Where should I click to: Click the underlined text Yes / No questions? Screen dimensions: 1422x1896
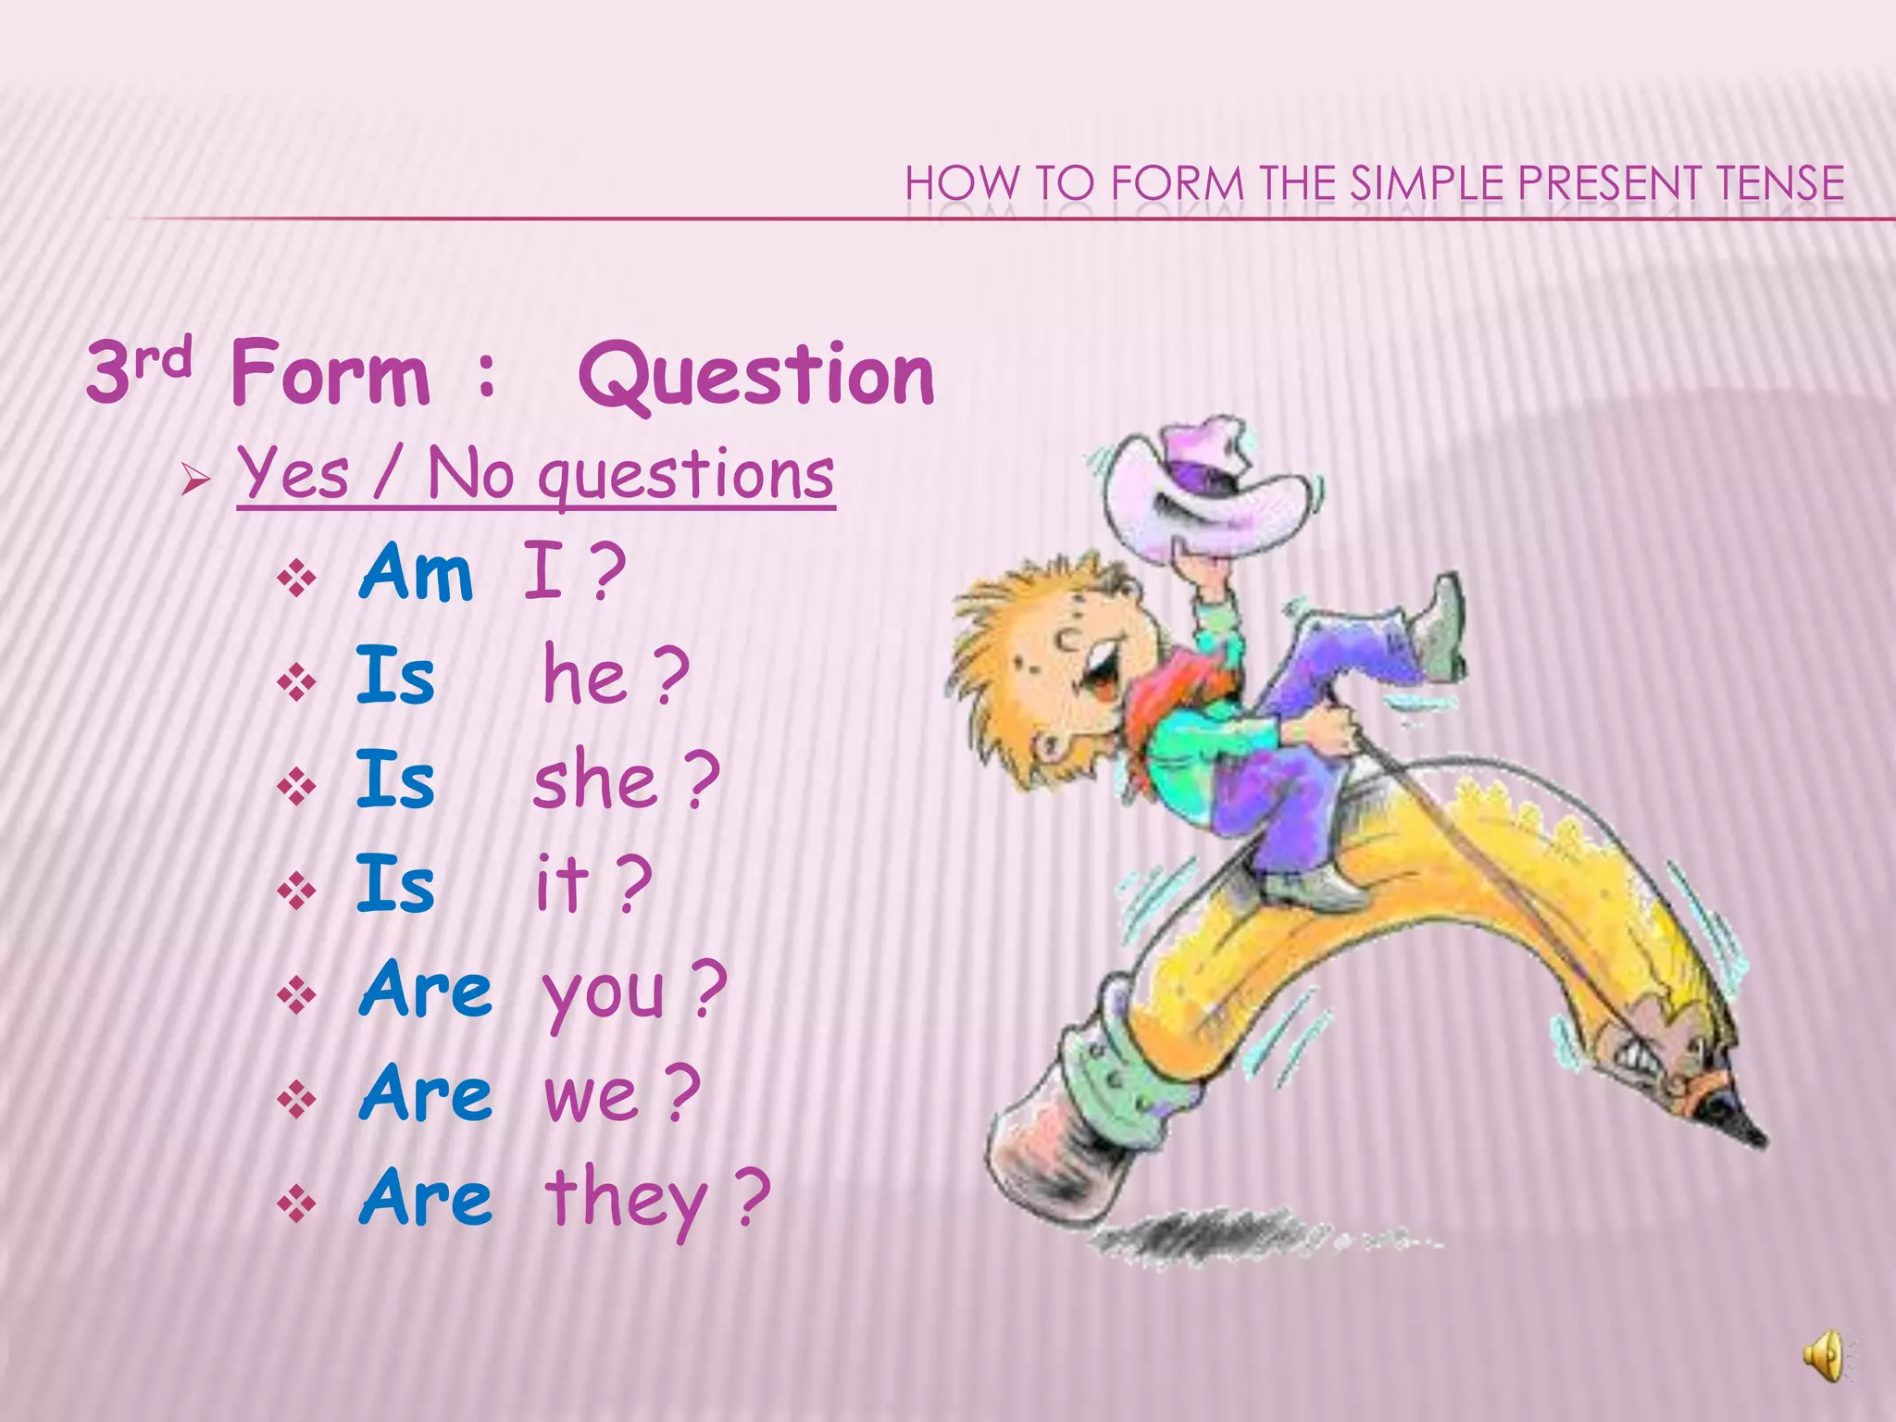pyautogui.click(x=535, y=474)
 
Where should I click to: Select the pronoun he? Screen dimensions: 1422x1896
pyautogui.click(x=585, y=676)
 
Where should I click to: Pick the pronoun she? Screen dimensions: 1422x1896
pyautogui.click(x=595, y=781)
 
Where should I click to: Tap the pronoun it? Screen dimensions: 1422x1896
pyautogui.click(x=562, y=884)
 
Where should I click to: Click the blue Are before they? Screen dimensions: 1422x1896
pyautogui.click(x=426, y=1198)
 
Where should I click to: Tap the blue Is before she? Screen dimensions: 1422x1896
pyautogui.click(x=395, y=780)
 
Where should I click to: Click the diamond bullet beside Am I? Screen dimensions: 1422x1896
pyautogui.click(x=296, y=580)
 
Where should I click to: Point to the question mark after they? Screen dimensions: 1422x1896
pyautogui.click(x=753, y=1197)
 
